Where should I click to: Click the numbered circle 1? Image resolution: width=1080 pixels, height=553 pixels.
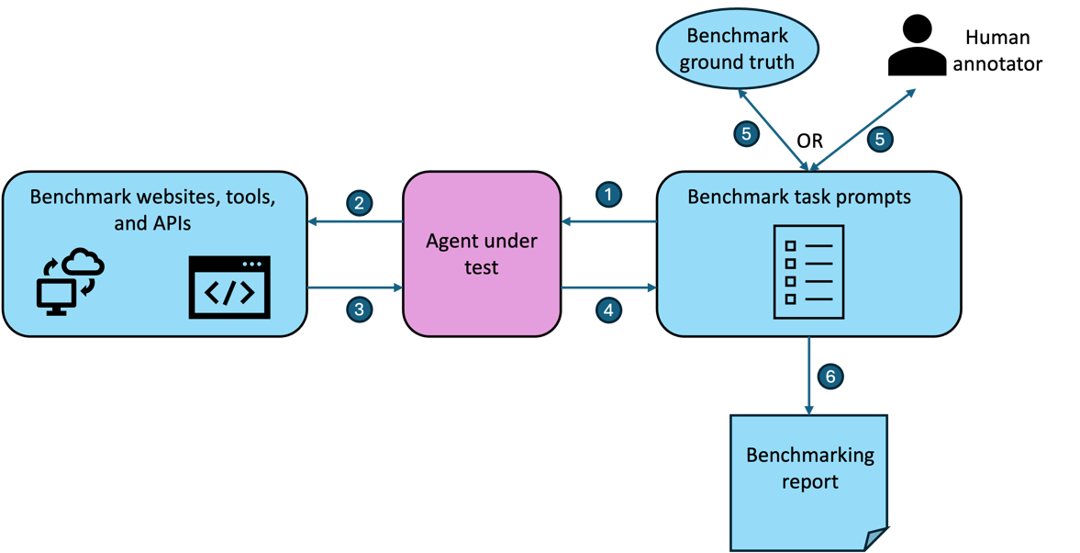(607, 194)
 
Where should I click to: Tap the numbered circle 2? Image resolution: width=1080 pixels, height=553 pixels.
(359, 202)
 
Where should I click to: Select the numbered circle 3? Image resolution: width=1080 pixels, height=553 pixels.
(359, 310)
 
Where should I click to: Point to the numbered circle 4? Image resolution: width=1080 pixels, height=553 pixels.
(607, 310)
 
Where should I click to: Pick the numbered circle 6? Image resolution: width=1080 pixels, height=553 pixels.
(830, 377)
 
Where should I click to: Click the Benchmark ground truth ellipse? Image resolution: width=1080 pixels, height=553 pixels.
(737, 50)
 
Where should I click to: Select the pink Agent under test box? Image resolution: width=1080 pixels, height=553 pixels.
(482, 254)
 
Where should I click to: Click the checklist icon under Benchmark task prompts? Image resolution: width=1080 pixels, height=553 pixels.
(808, 272)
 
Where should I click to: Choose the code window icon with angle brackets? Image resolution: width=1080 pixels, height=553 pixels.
(229, 288)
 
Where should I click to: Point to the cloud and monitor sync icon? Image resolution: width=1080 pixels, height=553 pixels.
(71, 281)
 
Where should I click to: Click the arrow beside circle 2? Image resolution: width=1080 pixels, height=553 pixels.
(355, 221)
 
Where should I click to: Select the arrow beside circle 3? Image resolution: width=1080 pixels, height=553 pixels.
(355, 288)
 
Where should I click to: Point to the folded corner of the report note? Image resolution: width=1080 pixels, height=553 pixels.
(876, 538)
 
